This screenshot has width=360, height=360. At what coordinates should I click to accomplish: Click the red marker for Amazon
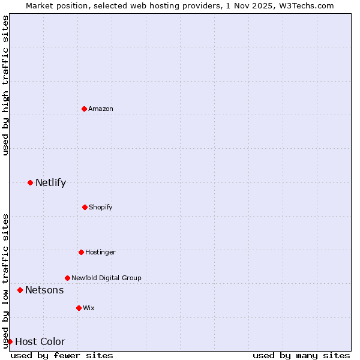[84, 109]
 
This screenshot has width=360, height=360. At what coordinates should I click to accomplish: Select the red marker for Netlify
[30, 182]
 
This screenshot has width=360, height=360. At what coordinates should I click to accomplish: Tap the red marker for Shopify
[85, 207]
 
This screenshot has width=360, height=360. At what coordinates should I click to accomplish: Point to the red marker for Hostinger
[81, 252]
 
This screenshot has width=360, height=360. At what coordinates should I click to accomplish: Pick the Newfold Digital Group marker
[67, 278]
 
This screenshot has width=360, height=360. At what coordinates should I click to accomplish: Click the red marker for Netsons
[20, 290]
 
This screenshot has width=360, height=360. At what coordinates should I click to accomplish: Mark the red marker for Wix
[79, 308]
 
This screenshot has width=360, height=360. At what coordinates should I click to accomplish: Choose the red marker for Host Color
[10, 341]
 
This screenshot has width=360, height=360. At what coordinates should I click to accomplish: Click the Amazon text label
[101, 109]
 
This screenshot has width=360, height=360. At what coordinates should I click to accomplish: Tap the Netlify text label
[50, 182]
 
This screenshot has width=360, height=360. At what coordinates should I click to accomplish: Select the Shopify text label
[101, 207]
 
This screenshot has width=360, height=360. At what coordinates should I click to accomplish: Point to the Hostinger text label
[100, 252]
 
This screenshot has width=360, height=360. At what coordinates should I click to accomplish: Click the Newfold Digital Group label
[106, 278]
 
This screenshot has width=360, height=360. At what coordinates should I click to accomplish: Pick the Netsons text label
[44, 290]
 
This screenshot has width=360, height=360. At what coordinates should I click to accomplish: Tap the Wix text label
[89, 308]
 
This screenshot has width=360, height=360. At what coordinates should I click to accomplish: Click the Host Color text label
[40, 342]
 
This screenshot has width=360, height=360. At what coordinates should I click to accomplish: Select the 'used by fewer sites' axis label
[62, 355]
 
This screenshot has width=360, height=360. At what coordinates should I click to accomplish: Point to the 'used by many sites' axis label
[301, 355]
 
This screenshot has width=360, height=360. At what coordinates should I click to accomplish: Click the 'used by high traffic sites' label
[5, 85]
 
